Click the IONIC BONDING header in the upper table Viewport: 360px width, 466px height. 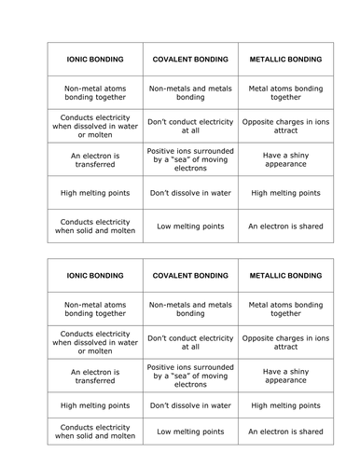point(93,59)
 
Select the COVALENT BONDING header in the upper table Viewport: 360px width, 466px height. point(189,59)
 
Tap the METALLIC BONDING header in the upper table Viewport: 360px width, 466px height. point(285,59)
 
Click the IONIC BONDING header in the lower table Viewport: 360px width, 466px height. point(93,277)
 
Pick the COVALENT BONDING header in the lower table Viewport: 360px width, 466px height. point(189,277)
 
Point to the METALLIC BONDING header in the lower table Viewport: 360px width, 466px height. point(285,277)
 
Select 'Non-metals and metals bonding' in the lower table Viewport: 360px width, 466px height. point(189,309)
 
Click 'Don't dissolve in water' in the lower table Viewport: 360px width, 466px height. point(189,406)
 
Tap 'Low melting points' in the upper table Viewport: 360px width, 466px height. point(189,226)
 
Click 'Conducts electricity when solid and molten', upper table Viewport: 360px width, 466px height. point(93,226)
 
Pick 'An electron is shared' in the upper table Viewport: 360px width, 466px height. point(285,226)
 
